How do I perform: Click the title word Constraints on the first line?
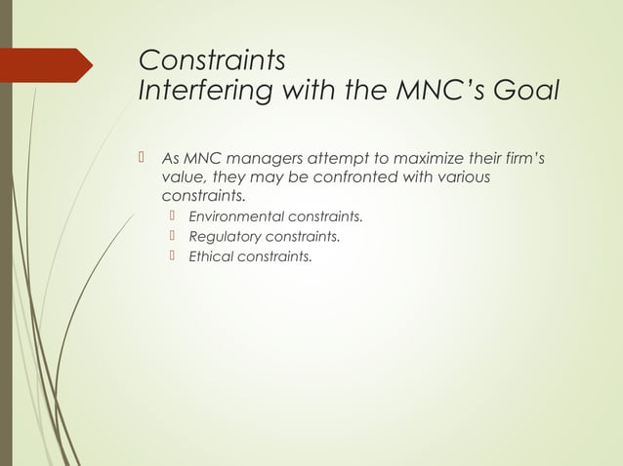tap(212, 59)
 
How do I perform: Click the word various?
tap(459, 178)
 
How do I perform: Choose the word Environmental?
tap(237, 216)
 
